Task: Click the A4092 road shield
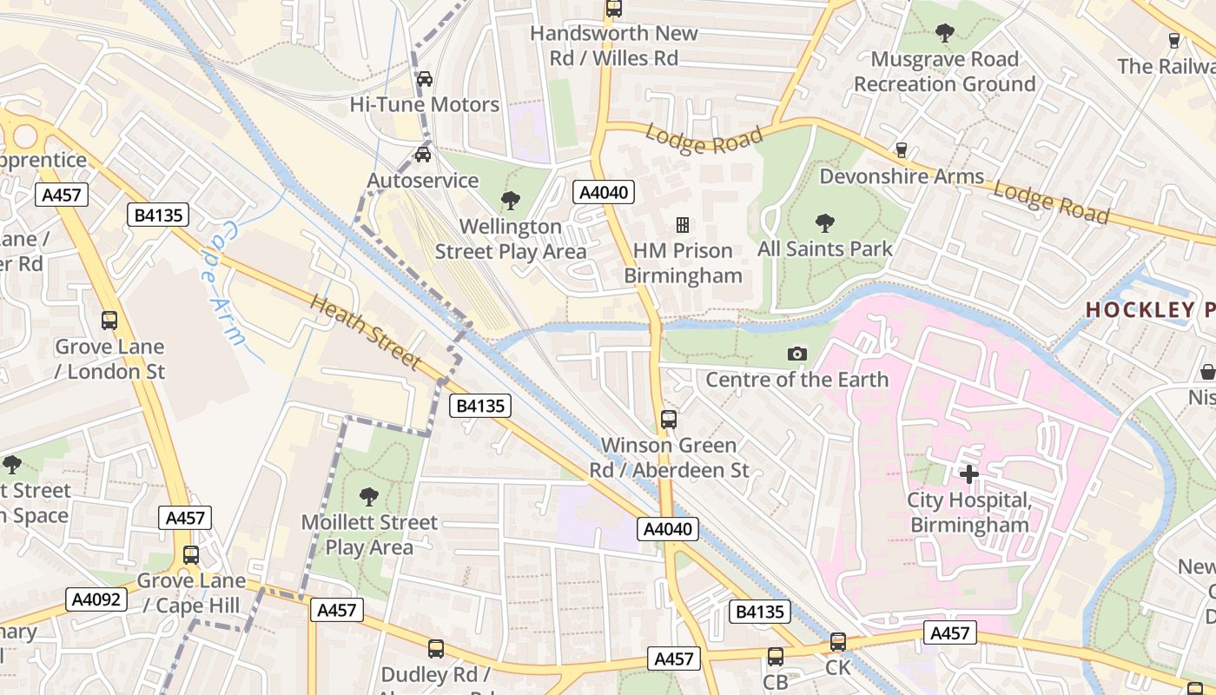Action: [97, 599]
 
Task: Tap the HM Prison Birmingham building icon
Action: [683, 226]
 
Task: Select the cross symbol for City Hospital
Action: [969, 474]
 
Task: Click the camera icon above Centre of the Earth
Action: [796, 354]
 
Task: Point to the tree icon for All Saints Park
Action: [824, 223]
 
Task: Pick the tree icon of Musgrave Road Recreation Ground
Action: [945, 34]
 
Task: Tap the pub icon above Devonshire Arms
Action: [902, 150]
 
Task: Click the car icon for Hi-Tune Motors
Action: [425, 79]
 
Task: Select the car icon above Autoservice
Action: [423, 155]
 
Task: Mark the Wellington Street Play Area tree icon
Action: [511, 201]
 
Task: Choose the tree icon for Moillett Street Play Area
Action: [369, 497]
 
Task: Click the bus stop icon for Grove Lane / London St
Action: [109, 321]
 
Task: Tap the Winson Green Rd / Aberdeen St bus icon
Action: [669, 420]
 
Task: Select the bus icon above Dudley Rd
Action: [436, 648]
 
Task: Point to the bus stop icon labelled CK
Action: [838, 642]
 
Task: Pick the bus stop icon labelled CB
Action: [776, 657]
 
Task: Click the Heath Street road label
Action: [366, 332]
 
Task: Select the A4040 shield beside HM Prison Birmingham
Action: [603, 192]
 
